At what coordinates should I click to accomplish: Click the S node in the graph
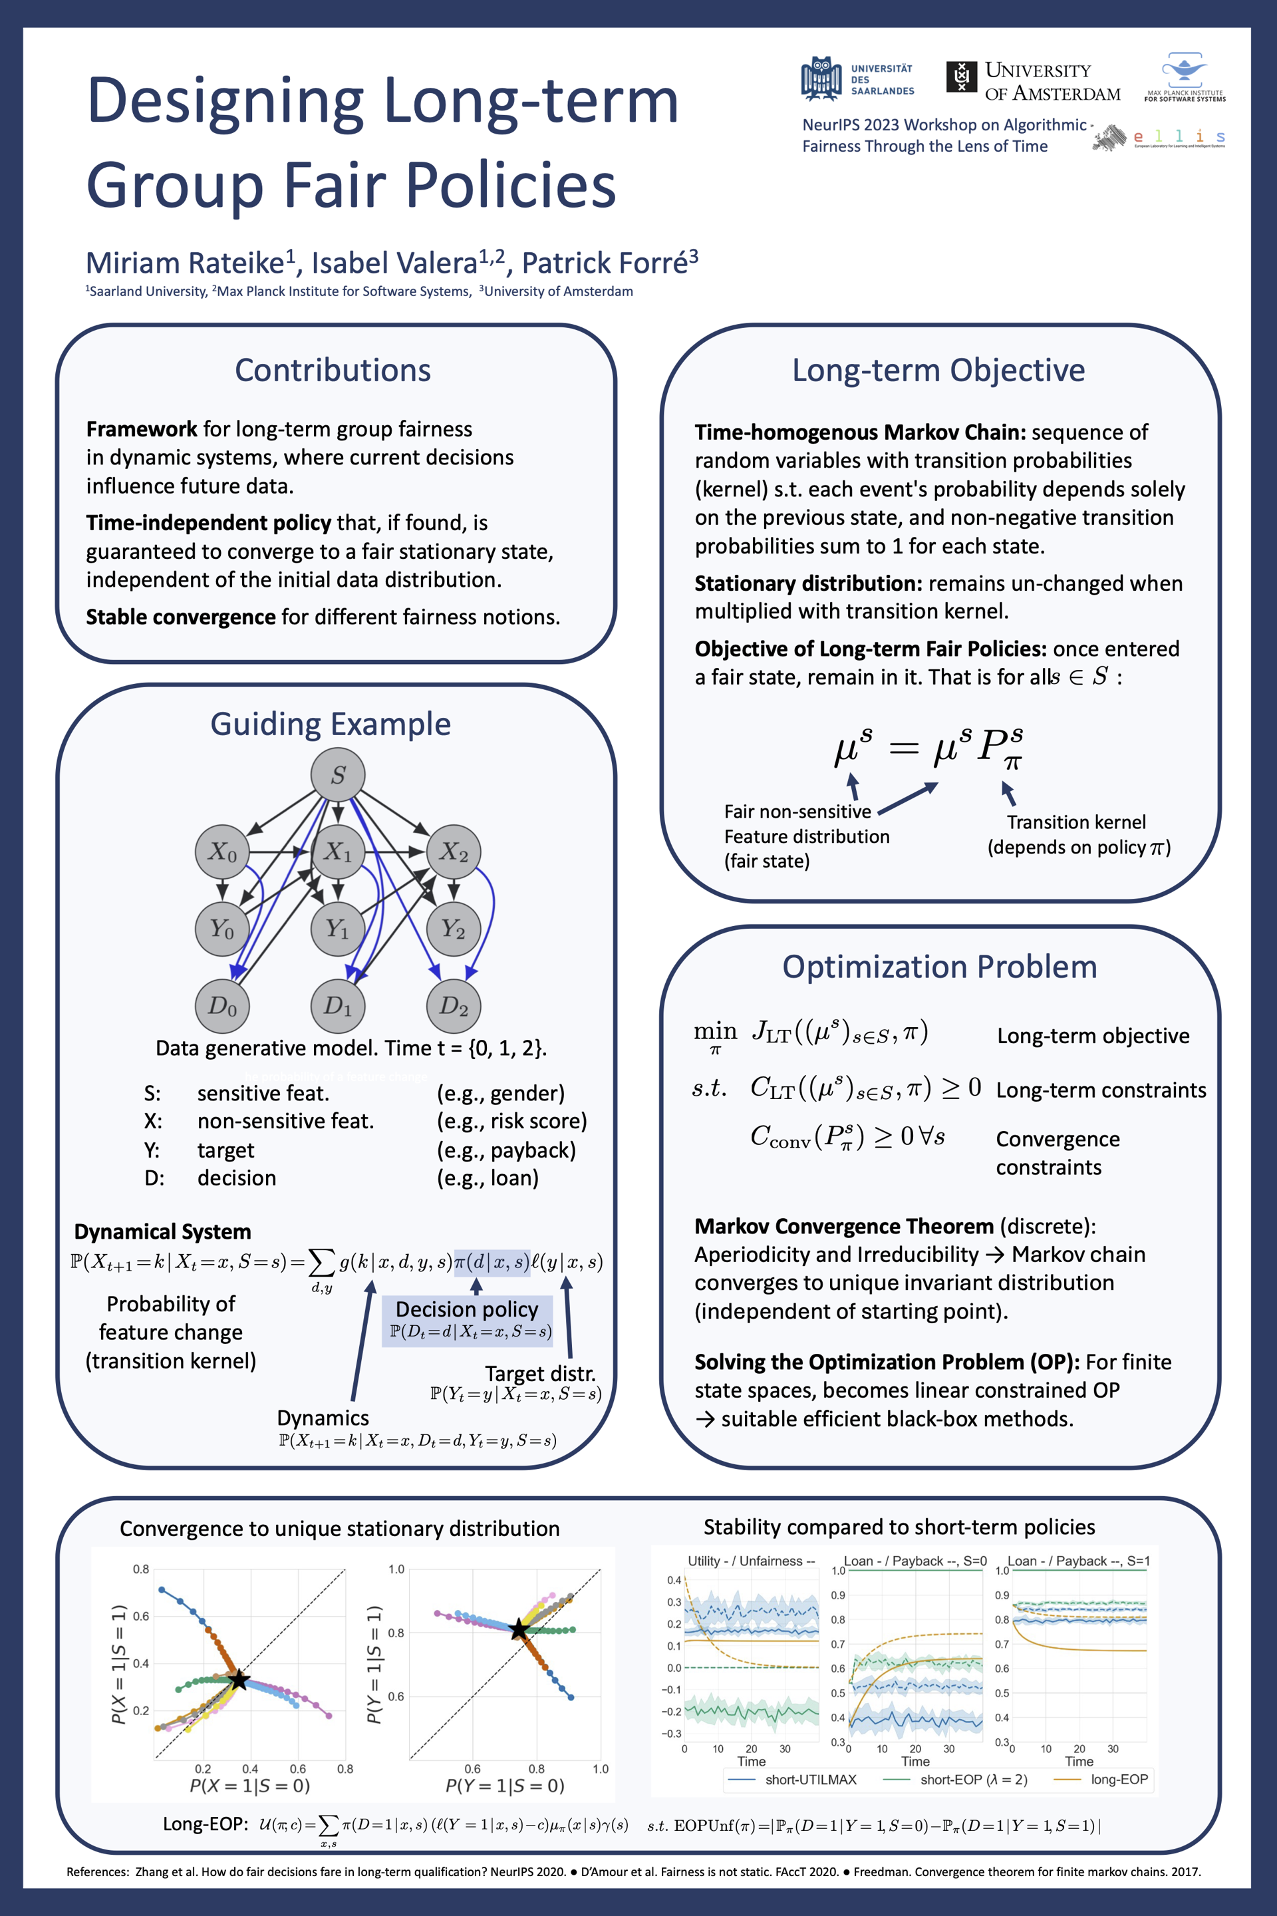pyautogui.click(x=338, y=774)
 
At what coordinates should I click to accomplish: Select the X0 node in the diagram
pyautogui.click(x=221, y=852)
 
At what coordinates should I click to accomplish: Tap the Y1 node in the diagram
pyautogui.click(x=338, y=929)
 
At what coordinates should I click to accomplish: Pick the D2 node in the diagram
pyautogui.click(x=454, y=1006)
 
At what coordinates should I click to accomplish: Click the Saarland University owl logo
pyautogui.click(x=821, y=79)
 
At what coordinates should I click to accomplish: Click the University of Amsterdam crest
pyautogui.click(x=961, y=77)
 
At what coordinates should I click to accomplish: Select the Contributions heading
pyautogui.click(x=333, y=370)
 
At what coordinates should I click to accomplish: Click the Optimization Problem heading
pyautogui.click(x=939, y=967)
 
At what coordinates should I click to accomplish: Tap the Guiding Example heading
pyautogui.click(x=331, y=724)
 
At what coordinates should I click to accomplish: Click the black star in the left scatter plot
pyautogui.click(x=239, y=1680)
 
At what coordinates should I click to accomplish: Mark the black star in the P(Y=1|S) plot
pyautogui.click(x=519, y=1630)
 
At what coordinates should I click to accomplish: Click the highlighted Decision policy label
pyautogui.click(x=468, y=1309)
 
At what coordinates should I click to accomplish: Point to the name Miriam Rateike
pyautogui.click(x=185, y=263)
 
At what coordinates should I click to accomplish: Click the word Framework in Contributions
pyautogui.click(x=142, y=429)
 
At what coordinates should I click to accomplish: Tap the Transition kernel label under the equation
pyautogui.click(x=1076, y=822)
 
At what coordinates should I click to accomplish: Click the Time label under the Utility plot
pyautogui.click(x=751, y=1761)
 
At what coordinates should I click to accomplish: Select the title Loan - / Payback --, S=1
pyautogui.click(x=1078, y=1561)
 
